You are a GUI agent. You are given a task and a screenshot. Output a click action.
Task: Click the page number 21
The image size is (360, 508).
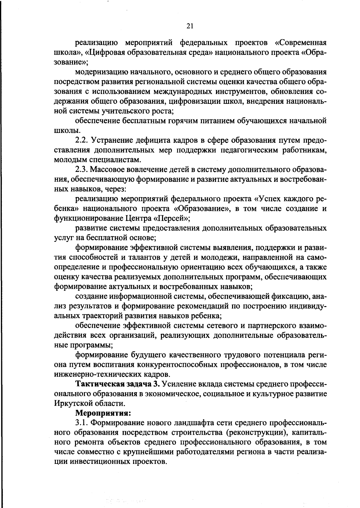point(190,26)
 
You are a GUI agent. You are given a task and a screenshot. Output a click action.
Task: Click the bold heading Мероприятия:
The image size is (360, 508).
point(103,413)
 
